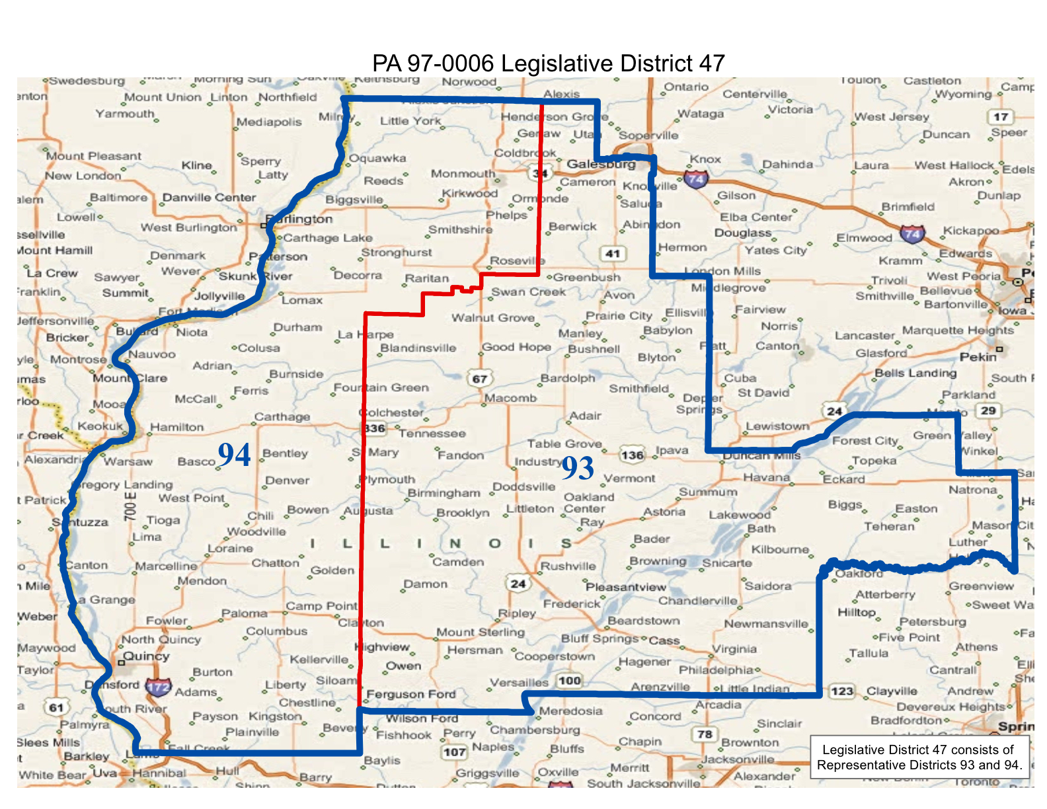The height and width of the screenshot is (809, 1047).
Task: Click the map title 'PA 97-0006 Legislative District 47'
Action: click(x=548, y=63)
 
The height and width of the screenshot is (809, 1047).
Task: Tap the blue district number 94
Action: click(x=234, y=455)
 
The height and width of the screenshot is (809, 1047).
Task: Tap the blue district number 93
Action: click(x=578, y=469)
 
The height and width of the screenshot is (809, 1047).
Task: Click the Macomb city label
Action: click(x=510, y=398)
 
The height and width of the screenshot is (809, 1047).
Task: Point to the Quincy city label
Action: click(x=146, y=656)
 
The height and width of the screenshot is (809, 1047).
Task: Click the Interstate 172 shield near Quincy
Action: click(x=159, y=687)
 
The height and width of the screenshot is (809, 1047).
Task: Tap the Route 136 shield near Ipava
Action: click(x=632, y=455)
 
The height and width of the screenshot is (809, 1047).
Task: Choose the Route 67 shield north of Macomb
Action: click(x=480, y=379)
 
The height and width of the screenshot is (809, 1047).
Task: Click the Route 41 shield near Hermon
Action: click(x=613, y=253)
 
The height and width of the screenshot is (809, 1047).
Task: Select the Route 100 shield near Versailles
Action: click(x=569, y=680)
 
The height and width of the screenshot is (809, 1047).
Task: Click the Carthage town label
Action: click(x=282, y=416)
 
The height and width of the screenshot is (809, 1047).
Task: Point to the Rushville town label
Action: click(x=568, y=566)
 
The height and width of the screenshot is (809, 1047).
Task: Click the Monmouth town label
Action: click(x=463, y=173)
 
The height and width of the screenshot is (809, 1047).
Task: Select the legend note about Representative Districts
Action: click(x=919, y=757)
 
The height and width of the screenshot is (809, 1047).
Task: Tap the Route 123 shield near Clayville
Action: click(x=842, y=691)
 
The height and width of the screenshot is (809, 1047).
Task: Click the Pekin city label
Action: click(x=978, y=357)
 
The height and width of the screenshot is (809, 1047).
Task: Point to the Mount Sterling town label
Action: click(x=480, y=632)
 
